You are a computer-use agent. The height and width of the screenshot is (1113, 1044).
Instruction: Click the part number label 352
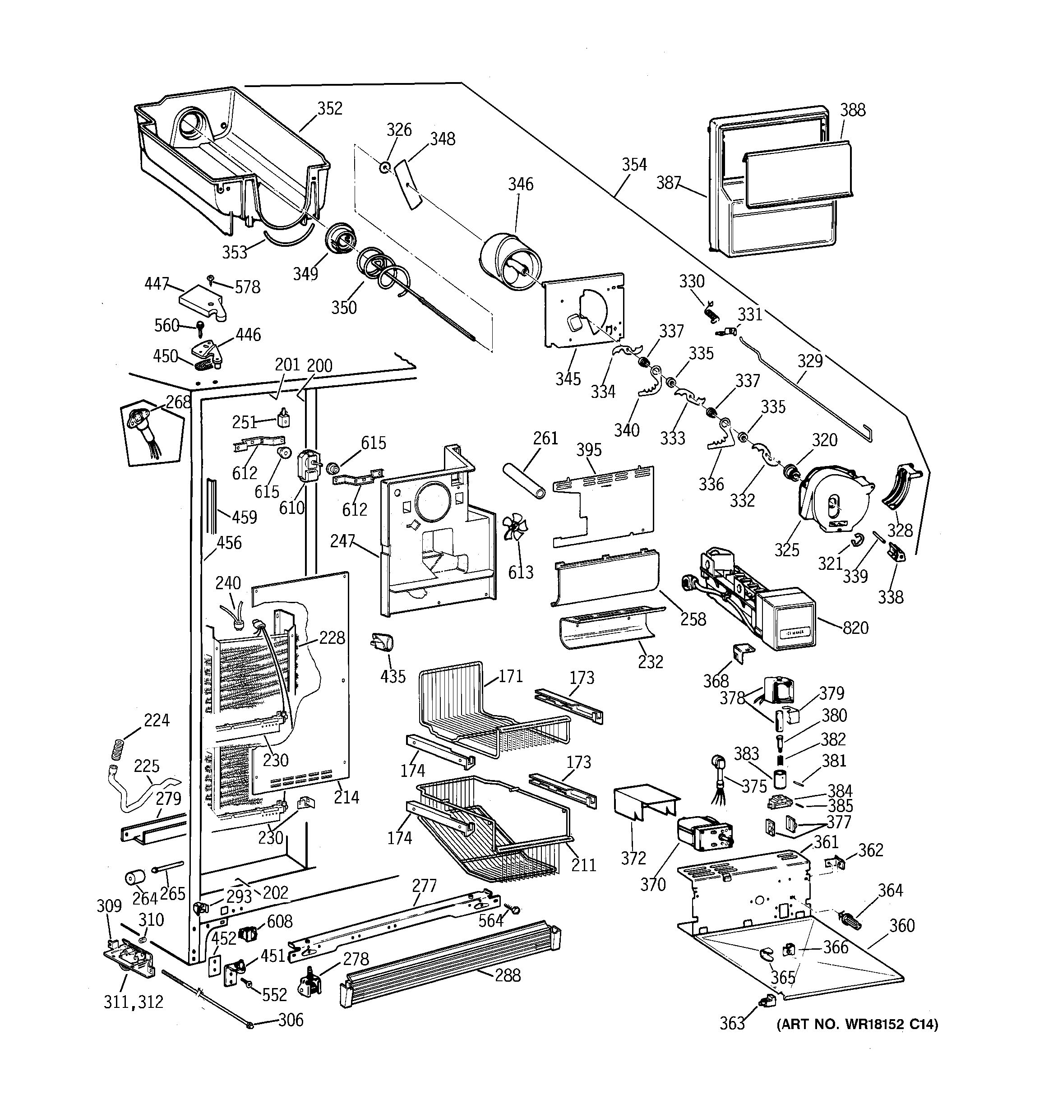(x=329, y=109)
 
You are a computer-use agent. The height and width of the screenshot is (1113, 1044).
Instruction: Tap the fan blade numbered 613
(x=513, y=527)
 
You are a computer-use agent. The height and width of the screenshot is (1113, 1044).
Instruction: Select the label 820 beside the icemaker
(x=855, y=628)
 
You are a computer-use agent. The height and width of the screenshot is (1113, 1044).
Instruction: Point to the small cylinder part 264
(x=134, y=877)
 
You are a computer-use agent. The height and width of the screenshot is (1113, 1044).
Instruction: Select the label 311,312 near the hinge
(x=133, y=1002)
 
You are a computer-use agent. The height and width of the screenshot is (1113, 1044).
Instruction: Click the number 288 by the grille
(x=507, y=975)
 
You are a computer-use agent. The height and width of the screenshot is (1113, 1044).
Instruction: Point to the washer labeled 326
(x=384, y=167)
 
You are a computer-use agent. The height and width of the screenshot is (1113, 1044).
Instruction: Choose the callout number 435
(x=393, y=676)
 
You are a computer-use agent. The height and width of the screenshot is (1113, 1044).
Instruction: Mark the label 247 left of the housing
(x=342, y=540)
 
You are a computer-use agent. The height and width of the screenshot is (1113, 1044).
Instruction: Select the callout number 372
(x=633, y=858)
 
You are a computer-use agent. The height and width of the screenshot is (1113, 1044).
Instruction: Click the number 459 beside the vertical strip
(x=244, y=517)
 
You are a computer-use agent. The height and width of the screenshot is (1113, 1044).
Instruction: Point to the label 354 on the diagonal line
(x=634, y=165)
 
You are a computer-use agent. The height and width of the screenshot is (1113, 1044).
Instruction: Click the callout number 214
(x=346, y=797)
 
